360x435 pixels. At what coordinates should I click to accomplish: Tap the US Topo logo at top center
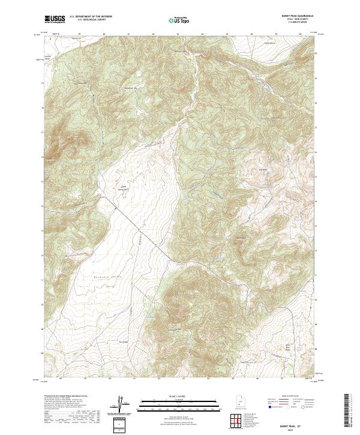pyautogui.click(x=181, y=20)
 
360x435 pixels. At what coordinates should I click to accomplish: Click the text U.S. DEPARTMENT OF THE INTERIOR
pyautogui.click(x=91, y=17)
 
